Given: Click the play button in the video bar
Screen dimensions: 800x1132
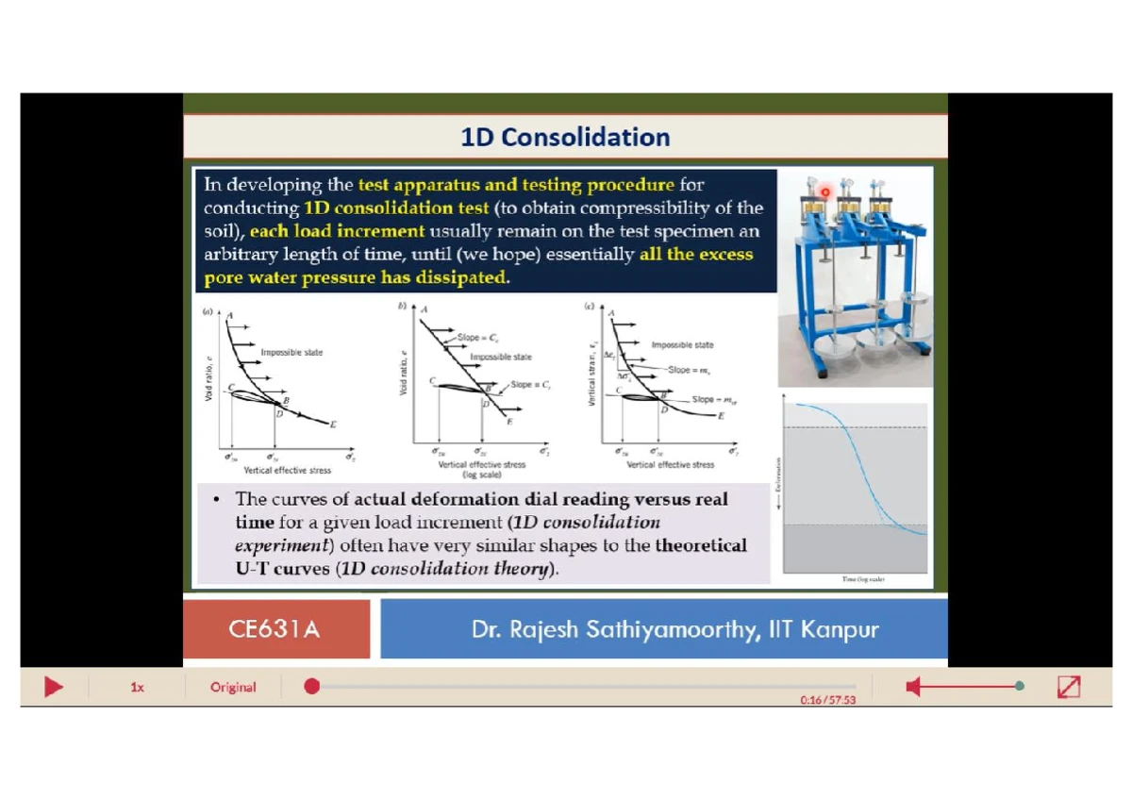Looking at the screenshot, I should (54, 687).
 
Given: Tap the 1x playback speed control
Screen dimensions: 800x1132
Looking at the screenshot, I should (137, 688).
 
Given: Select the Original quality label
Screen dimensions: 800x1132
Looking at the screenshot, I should (233, 687).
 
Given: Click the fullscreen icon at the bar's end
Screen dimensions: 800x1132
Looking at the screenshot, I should (1069, 687).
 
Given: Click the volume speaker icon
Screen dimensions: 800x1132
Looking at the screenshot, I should (913, 687).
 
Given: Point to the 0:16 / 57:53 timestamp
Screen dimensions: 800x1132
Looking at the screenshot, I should (827, 700).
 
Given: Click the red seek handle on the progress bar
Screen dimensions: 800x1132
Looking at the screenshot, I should (312, 687).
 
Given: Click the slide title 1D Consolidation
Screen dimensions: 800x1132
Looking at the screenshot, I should (565, 138).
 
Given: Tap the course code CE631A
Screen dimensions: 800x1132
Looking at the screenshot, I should (275, 629).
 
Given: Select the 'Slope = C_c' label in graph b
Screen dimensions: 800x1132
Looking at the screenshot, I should (479, 336).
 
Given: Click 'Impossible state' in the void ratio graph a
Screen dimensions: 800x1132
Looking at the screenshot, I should (291, 353).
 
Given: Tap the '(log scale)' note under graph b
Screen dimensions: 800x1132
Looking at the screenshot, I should (481, 474).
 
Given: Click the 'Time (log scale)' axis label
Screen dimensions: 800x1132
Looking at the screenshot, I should (863, 579).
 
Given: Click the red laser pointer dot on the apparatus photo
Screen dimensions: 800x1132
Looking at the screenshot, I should (824, 192).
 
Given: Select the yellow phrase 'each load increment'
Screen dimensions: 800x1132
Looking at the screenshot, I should (337, 231).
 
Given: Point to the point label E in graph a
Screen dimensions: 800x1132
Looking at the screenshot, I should (333, 425).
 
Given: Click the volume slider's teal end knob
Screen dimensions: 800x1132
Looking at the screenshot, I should (1020, 687).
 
